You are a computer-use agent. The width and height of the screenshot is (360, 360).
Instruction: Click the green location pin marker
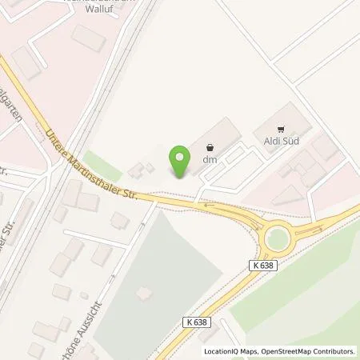point(181,160)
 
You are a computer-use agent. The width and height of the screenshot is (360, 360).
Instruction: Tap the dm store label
point(210,160)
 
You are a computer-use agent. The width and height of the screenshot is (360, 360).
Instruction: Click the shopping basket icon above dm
point(210,147)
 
